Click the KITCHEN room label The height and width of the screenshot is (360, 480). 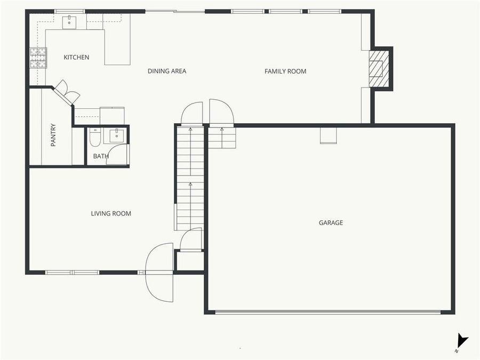[76, 57]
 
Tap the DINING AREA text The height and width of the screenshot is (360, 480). [167, 71]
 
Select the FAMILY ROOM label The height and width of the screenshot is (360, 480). [285, 71]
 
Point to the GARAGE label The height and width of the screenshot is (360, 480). [331, 222]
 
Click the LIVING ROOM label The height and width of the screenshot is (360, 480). [111, 213]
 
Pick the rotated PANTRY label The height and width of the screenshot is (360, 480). [53, 135]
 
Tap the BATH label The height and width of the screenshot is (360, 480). [101, 156]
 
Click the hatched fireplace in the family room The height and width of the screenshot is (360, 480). [379, 68]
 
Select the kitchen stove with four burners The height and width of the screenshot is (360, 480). [37, 58]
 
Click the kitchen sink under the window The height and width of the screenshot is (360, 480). [70, 22]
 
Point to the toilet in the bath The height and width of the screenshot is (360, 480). [94, 138]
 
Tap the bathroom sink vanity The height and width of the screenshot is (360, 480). [117, 135]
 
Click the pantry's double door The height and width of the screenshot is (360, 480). [66, 93]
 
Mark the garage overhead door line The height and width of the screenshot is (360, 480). [328, 313]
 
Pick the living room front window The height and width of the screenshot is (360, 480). [72, 273]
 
